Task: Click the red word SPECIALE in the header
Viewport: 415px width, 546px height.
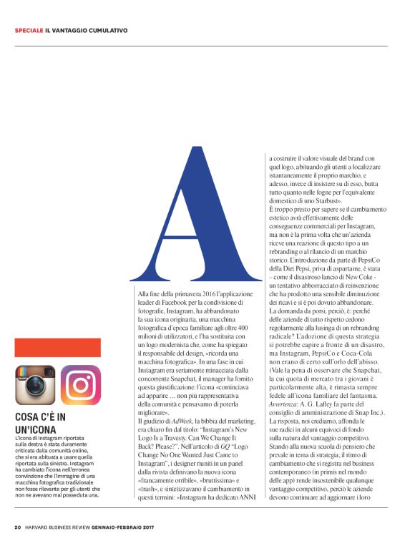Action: click(x=29, y=31)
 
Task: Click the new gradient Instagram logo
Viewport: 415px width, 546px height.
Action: click(x=80, y=385)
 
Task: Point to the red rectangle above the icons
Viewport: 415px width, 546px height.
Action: click(x=57, y=348)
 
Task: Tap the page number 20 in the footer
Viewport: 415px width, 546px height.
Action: click(x=17, y=528)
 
